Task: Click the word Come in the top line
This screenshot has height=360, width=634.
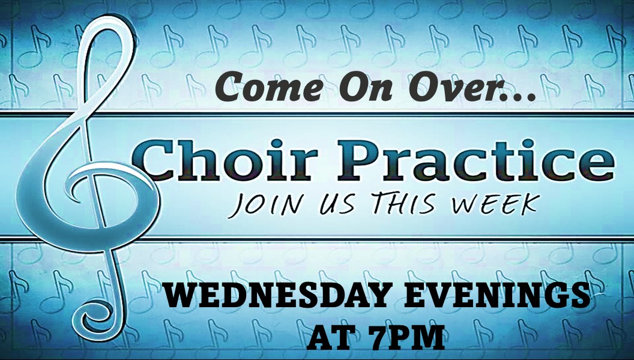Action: point(270,87)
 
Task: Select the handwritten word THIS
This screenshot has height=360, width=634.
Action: point(403,202)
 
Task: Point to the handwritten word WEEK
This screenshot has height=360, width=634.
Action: point(496,203)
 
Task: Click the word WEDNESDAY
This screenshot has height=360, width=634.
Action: point(278,295)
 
